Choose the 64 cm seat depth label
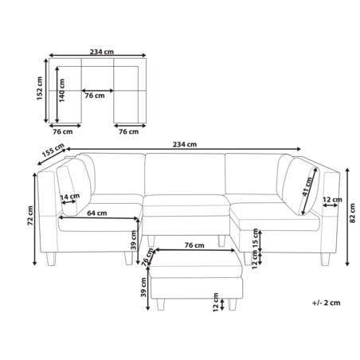pyautogui.click(x=97, y=213)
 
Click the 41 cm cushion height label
pyautogui.click(x=307, y=191)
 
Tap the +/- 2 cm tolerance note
pyautogui.click(x=327, y=303)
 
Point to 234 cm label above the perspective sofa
pyautogui.click(x=184, y=144)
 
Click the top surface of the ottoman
pyautogui.click(x=194, y=262)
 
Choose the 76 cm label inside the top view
pyautogui.click(x=95, y=96)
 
